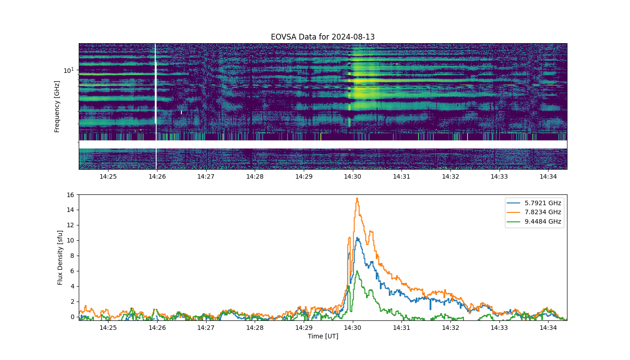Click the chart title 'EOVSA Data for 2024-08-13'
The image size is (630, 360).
(323, 37)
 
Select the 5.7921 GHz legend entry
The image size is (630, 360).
(534, 203)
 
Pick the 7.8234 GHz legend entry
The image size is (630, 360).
(534, 212)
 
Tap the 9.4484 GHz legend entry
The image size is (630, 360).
(534, 221)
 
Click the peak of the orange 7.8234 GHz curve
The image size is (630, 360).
(357, 198)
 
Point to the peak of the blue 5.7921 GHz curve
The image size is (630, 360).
(357, 238)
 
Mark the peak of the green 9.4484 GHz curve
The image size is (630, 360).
(357, 271)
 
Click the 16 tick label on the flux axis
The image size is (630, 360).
(70, 194)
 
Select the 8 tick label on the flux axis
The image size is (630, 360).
(72, 256)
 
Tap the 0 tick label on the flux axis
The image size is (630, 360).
(72, 317)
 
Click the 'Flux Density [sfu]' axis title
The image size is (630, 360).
(60, 257)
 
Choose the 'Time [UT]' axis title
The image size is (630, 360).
(323, 336)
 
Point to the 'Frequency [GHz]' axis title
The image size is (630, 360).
(57, 107)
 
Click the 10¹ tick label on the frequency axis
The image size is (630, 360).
(68, 70)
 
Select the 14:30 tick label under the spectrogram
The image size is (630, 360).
(352, 176)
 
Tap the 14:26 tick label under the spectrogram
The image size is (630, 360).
(157, 176)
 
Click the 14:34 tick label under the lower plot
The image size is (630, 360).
(548, 328)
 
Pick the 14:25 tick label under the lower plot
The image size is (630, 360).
(108, 328)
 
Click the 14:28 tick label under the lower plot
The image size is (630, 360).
(255, 328)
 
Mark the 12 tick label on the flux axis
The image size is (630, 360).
(70, 225)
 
